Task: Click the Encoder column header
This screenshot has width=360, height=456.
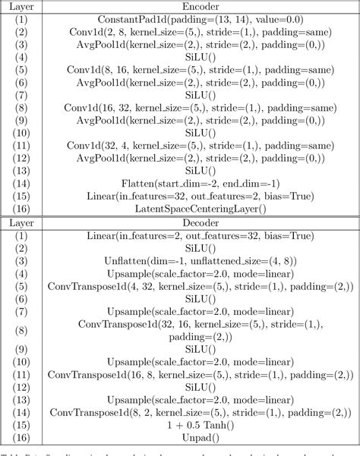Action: tap(201, 5)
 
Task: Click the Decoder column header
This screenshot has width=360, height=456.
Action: tap(201, 222)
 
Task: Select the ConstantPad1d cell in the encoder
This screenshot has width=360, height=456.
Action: tap(201, 18)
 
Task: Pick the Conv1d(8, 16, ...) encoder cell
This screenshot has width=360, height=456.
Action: tap(201, 70)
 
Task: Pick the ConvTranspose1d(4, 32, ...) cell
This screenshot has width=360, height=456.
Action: tap(201, 287)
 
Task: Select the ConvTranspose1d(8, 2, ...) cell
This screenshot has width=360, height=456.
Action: tap(201, 413)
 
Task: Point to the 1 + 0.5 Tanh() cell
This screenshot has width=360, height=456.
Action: tap(201, 426)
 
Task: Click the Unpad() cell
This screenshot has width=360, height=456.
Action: tap(201, 439)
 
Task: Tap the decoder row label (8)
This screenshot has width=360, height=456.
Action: tap(22, 331)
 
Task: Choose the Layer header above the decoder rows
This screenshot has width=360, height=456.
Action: tap(22, 222)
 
